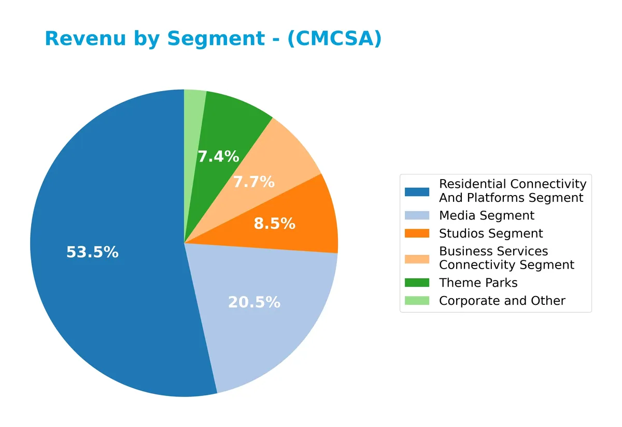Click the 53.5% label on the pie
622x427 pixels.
[x=92, y=253]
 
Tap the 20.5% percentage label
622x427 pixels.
[x=254, y=303]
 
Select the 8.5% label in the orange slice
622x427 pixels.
[x=274, y=224]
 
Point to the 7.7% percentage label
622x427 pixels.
[x=253, y=182]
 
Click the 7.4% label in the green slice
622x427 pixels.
[x=218, y=157]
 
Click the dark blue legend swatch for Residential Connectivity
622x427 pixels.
[x=417, y=192]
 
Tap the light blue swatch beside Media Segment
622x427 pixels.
[x=417, y=215]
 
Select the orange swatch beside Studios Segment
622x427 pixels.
[x=417, y=233]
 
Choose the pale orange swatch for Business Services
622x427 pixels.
[x=417, y=258]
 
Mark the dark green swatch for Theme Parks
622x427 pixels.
[x=417, y=283]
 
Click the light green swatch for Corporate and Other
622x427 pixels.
[x=417, y=301]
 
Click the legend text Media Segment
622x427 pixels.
[x=486, y=215]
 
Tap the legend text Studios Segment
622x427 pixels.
[x=491, y=233]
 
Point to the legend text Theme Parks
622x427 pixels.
[x=478, y=283]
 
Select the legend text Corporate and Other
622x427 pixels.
[x=502, y=301]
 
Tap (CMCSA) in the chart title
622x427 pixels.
[x=334, y=39]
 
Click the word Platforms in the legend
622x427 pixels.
[x=496, y=198]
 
